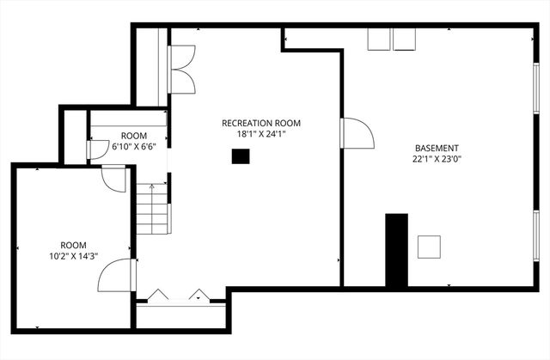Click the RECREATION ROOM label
click(x=261, y=123)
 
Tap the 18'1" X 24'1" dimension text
click(x=261, y=134)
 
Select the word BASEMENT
click(x=437, y=147)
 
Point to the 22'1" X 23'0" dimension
click(x=437, y=158)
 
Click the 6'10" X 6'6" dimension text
click(x=133, y=147)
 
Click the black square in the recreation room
click(x=241, y=156)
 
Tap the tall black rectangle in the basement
click(x=396, y=250)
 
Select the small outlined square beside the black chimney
click(x=429, y=247)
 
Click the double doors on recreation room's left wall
click(x=182, y=69)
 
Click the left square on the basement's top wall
click(x=378, y=40)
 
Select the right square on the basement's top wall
click(x=405, y=40)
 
